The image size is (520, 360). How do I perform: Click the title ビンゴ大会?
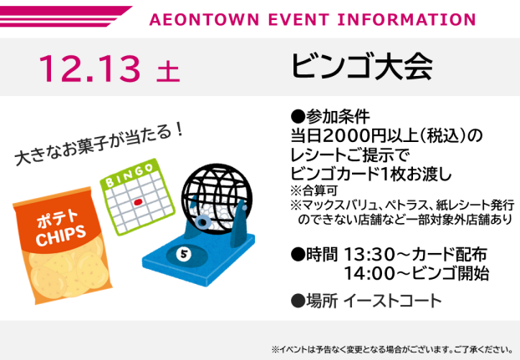(362, 68)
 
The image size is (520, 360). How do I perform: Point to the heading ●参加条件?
(329, 116)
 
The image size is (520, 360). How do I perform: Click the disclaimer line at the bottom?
(391, 348)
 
